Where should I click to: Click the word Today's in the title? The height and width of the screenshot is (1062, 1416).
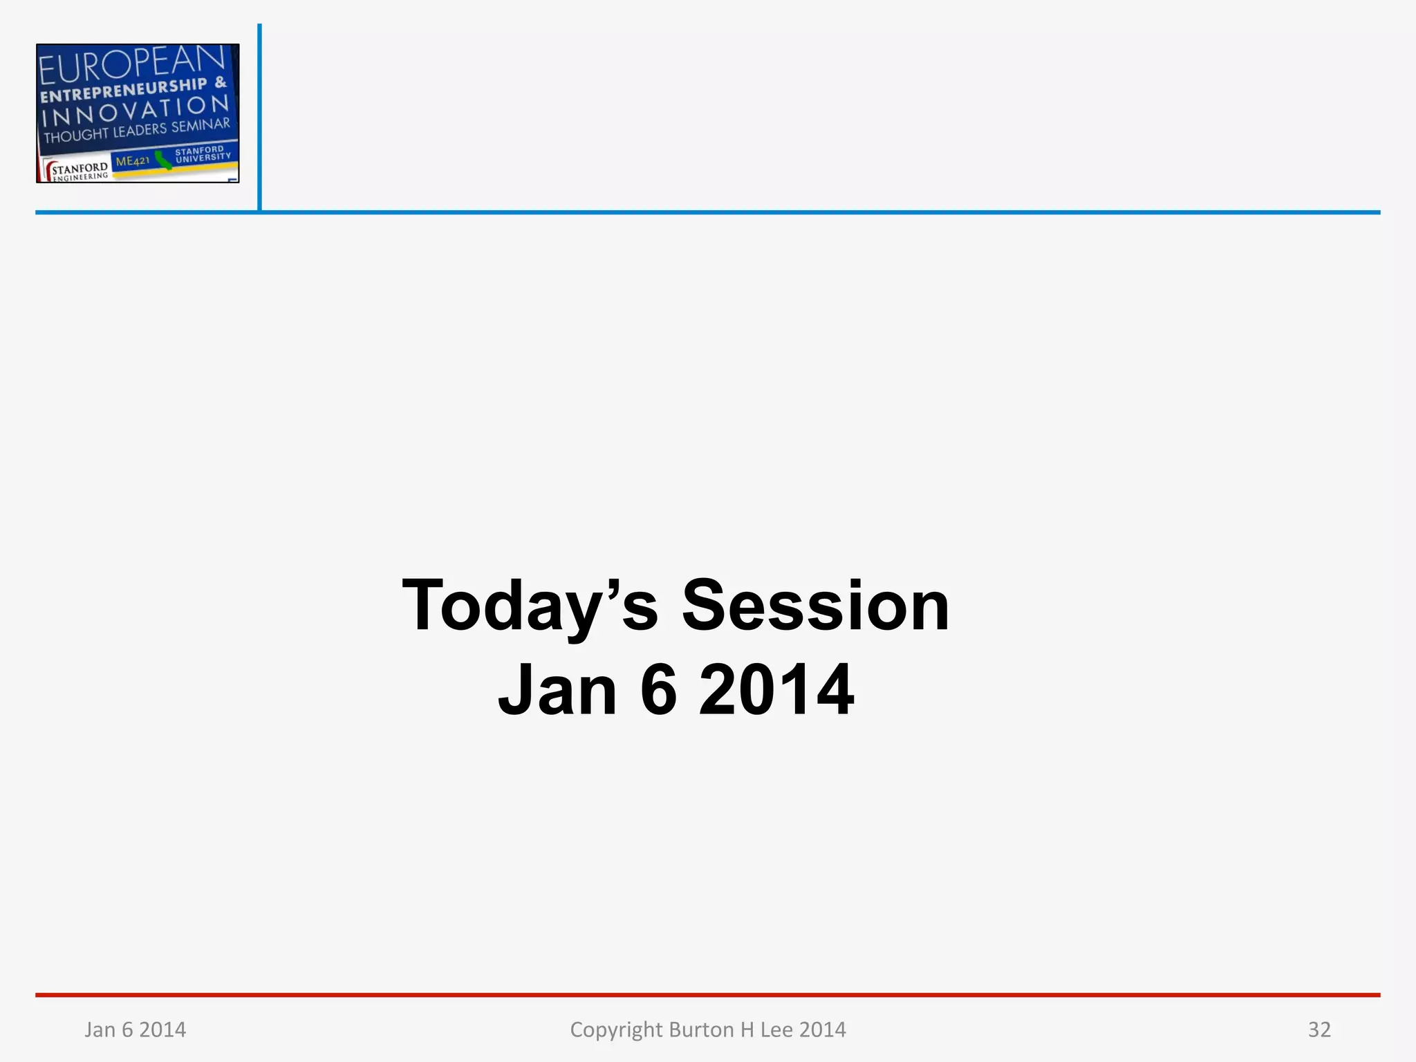tap(530, 606)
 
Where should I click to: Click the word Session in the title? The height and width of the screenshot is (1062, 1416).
tap(816, 606)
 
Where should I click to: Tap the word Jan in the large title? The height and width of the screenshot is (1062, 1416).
tap(557, 690)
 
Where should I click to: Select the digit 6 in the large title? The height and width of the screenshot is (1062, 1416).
tap(658, 690)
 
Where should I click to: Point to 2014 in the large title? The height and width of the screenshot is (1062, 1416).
tap(776, 690)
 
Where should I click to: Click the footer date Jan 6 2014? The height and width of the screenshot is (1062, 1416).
tap(136, 1030)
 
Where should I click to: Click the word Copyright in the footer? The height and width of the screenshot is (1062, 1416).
tap(616, 1030)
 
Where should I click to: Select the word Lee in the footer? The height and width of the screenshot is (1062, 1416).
tap(776, 1030)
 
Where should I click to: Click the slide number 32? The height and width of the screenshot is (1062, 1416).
tap(1319, 1030)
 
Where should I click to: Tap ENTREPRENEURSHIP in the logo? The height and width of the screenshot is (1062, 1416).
tap(124, 91)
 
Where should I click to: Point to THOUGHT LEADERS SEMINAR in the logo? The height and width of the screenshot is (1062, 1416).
tap(137, 130)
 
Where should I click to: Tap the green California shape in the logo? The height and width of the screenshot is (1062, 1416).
tap(163, 160)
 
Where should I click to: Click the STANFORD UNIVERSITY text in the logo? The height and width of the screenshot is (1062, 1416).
tap(202, 154)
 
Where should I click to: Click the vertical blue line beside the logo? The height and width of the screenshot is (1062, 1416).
tap(259, 118)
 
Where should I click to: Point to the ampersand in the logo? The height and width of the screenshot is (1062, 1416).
tap(221, 82)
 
